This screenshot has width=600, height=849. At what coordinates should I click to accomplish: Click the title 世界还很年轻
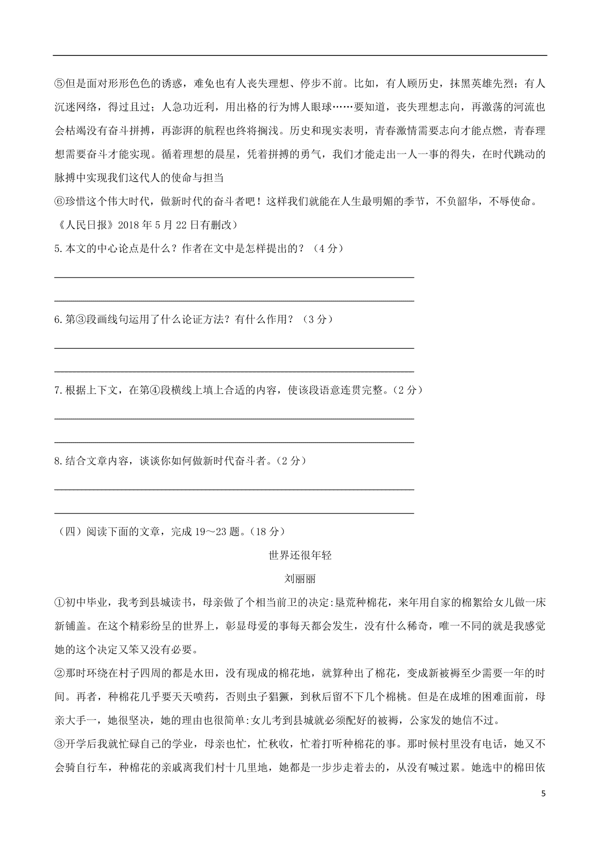(300, 555)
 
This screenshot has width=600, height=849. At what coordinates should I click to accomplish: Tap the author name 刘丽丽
(300, 579)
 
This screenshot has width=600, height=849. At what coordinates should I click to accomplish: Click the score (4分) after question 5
(327, 248)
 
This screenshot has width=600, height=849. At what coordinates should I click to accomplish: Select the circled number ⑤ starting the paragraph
(59, 83)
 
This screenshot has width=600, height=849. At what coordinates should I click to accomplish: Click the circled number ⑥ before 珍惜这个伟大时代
(59, 201)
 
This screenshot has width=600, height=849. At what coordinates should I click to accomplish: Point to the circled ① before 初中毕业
(59, 602)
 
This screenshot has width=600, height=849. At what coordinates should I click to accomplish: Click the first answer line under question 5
(234, 276)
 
